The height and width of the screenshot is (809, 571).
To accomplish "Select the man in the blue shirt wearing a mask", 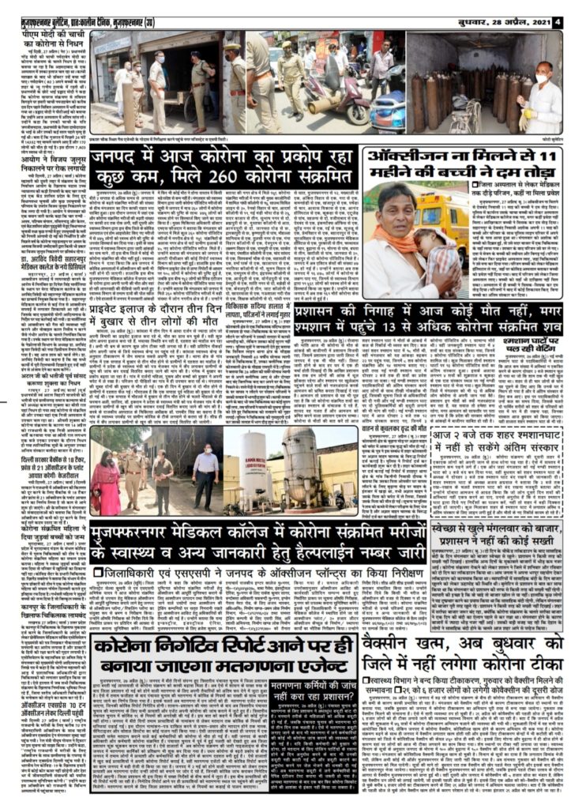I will click(x=205, y=474).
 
